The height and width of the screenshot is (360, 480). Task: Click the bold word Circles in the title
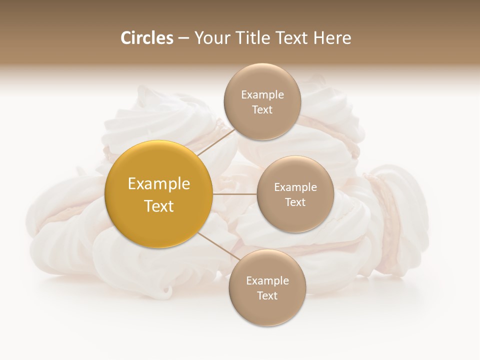tap(147, 38)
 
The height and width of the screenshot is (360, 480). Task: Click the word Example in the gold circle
tap(159, 184)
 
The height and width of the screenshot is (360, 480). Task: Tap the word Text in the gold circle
tap(159, 206)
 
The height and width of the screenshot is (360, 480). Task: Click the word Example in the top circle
tap(262, 95)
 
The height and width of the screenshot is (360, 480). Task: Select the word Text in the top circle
tap(262, 110)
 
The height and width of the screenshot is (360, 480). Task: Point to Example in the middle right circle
tap(295, 187)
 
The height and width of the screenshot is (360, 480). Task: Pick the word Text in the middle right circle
tap(295, 202)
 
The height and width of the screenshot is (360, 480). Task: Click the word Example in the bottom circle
tap(267, 281)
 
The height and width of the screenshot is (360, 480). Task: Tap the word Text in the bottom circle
tap(267, 296)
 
